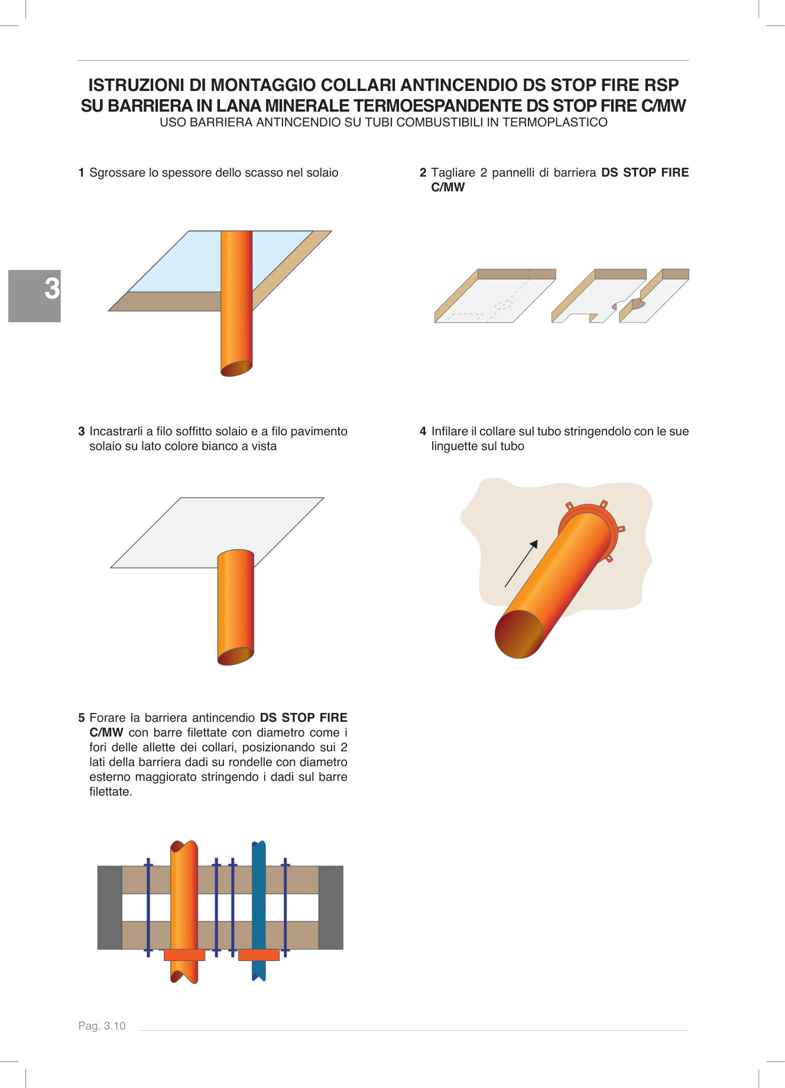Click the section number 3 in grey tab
(x=52, y=289)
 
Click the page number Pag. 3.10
(x=102, y=1026)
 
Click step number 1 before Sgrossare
(x=81, y=173)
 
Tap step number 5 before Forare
(x=81, y=718)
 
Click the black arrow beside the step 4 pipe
(x=521, y=563)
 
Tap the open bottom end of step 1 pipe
(x=236, y=369)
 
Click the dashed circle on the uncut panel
(x=502, y=305)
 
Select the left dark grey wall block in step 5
(x=109, y=908)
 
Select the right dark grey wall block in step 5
(x=330, y=908)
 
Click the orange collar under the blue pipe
(x=258, y=955)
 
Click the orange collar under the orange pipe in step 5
(x=184, y=955)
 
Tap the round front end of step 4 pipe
(x=518, y=634)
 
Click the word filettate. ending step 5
(x=111, y=792)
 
